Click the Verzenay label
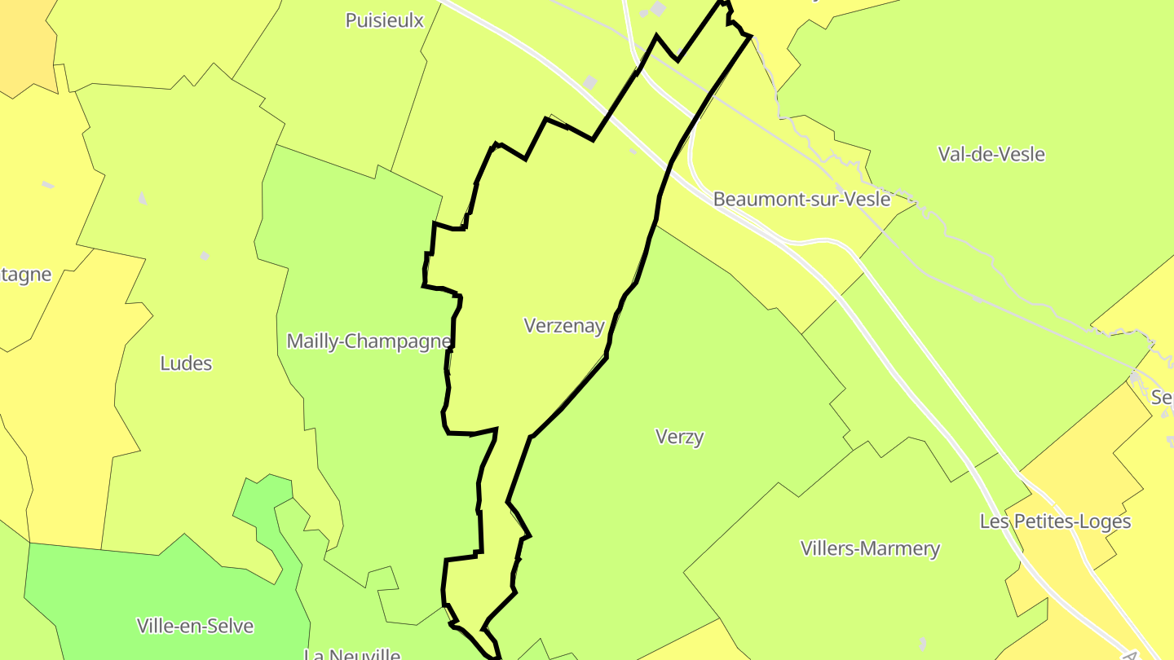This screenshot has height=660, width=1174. coord(564,326)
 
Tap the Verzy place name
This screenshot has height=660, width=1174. coord(679,437)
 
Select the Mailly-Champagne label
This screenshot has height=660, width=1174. coord(369,341)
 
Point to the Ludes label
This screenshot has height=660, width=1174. coord(186,363)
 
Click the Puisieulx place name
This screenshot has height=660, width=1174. coord(385,20)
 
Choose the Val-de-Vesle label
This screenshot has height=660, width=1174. coord(991,154)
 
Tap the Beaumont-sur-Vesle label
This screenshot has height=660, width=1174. coord(801,199)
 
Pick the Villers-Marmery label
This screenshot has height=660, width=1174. coord(870,548)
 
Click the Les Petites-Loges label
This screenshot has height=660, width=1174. coord(1055,521)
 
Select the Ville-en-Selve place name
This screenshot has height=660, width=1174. coord(195,626)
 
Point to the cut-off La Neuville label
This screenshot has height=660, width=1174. coord(352,653)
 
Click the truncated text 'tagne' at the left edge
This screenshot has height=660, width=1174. coord(25,275)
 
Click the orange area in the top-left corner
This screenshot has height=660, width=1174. coord(20,41)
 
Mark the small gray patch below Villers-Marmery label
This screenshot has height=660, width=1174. coord(921,644)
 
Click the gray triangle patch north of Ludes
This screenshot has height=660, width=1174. coord(142,198)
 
